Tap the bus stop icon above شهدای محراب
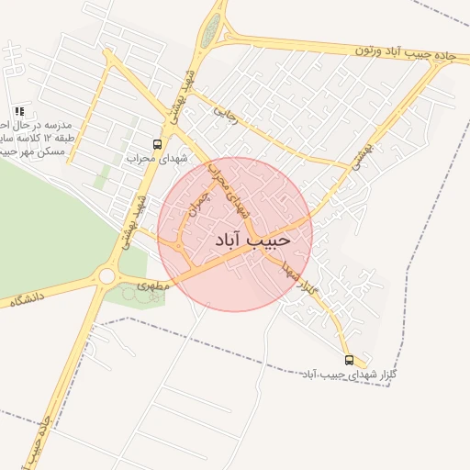(157, 144)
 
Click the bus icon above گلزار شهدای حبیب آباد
(348, 360)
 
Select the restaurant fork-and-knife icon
(19, 111)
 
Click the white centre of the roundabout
(106, 275)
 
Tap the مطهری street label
(153, 285)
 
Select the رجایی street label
(225, 114)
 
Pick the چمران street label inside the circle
(199, 196)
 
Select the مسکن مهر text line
(33, 151)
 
